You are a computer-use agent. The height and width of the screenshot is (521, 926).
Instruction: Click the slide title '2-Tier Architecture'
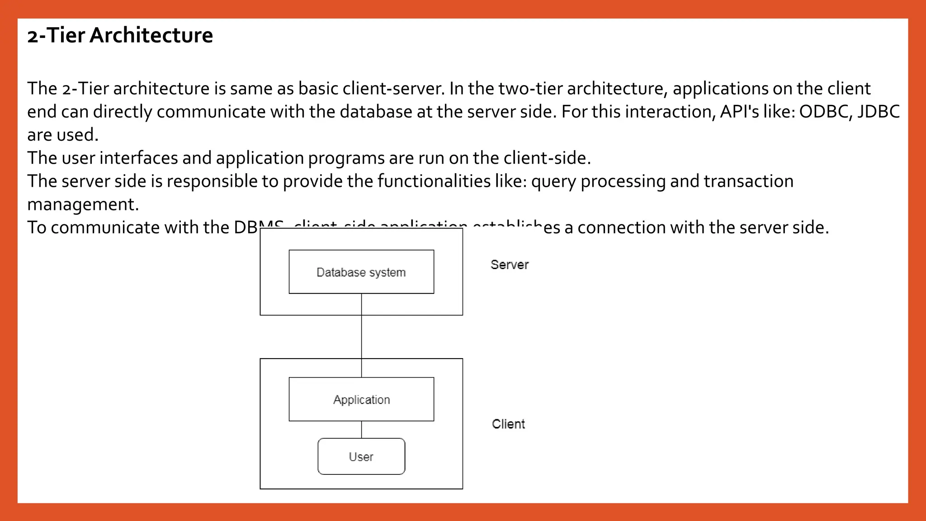click(x=120, y=35)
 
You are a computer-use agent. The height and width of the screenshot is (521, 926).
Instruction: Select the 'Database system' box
click(x=361, y=272)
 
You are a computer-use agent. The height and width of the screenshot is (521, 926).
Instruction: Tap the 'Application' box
click(x=361, y=399)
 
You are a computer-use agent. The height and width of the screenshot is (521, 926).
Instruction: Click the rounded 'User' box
click(x=361, y=456)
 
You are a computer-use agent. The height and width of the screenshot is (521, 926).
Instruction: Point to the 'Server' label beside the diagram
click(x=510, y=265)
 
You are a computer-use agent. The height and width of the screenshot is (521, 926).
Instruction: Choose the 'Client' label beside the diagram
click(x=508, y=424)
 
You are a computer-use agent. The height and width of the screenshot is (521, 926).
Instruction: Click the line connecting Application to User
click(x=361, y=430)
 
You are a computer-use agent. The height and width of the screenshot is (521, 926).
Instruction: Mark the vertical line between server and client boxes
click(x=361, y=337)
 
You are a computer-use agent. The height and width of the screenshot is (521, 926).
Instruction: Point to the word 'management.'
click(x=83, y=204)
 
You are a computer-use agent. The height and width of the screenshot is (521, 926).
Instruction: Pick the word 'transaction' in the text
click(x=748, y=181)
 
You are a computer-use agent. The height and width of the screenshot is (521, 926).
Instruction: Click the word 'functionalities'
click(x=434, y=181)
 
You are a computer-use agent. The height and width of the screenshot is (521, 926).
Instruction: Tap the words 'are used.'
click(x=62, y=135)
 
